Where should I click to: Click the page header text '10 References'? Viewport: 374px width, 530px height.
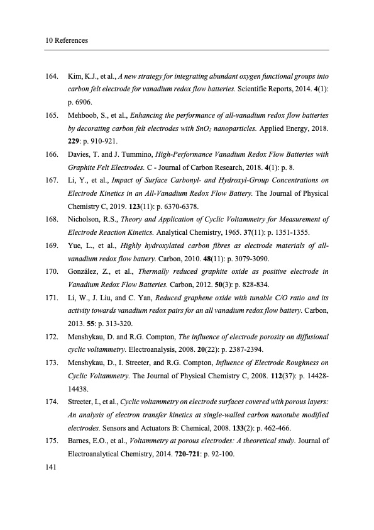[x=66, y=41]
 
